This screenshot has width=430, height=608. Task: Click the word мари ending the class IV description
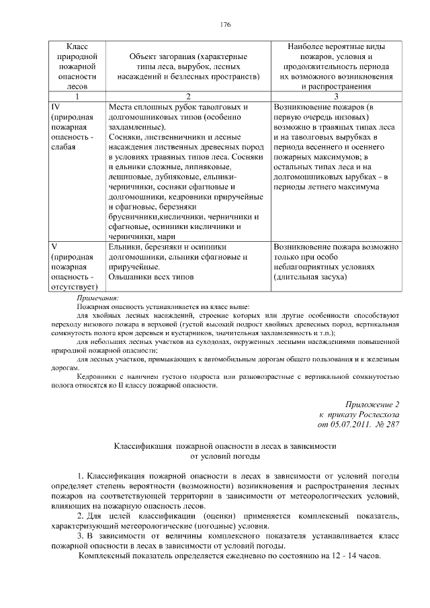tap(165, 236)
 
